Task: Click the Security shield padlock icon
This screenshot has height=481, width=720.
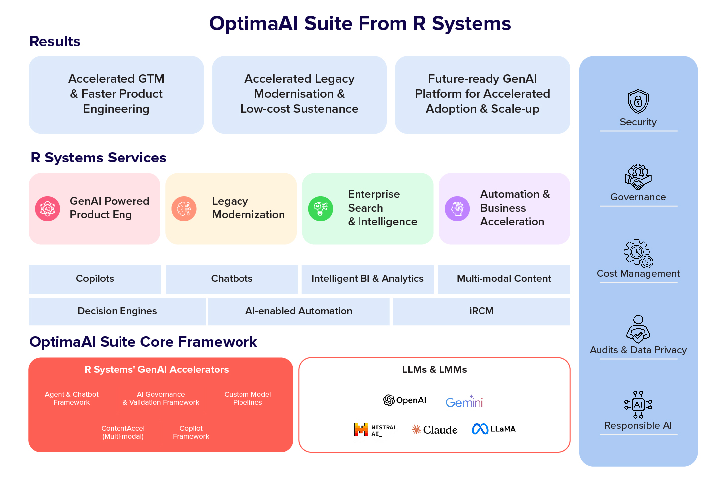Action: [x=638, y=102]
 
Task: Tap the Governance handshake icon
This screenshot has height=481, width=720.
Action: [x=638, y=177]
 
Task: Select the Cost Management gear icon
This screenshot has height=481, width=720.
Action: [x=638, y=253]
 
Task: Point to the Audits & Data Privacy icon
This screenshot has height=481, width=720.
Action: [x=638, y=329]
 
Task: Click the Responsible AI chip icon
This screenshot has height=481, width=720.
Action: [x=638, y=404]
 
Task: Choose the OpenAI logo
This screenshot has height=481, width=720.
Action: [x=405, y=400]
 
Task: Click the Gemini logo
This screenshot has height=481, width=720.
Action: [x=464, y=402]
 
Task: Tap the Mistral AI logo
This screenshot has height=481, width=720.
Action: [x=375, y=429]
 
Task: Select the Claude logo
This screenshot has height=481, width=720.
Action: [x=434, y=429]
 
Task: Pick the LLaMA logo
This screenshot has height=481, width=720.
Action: [x=493, y=429]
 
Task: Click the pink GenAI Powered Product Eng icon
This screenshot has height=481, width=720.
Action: [x=48, y=208]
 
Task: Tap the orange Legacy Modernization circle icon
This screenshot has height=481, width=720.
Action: [x=184, y=208]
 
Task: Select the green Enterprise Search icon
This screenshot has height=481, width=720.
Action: [x=321, y=208]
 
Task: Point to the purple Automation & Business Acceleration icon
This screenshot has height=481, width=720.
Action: [x=457, y=208]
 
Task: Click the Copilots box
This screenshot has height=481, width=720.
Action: [x=95, y=279]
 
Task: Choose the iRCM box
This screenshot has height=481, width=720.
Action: [x=481, y=311]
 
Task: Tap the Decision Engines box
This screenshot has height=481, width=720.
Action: [x=117, y=311]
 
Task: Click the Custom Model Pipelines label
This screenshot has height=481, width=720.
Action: [x=247, y=398]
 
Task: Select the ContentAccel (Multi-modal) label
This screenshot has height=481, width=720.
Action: [x=123, y=432]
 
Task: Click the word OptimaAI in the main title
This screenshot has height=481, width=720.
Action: [x=253, y=24]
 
